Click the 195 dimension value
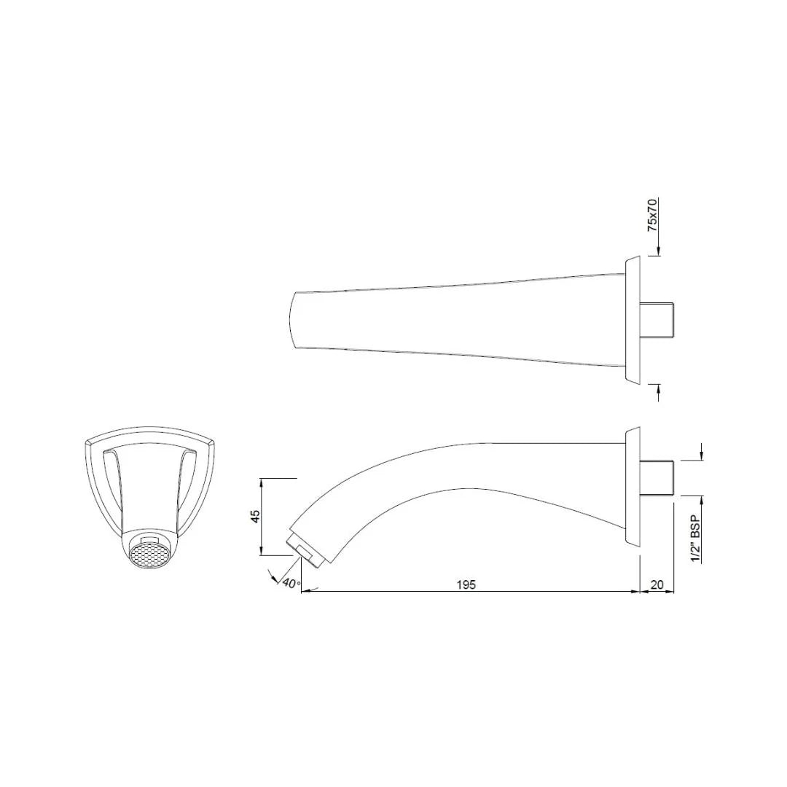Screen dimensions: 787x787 (466, 584)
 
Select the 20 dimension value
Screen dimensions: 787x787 (657, 584)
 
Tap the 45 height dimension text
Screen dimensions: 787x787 (254, 517)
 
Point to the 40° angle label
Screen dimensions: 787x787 (291, 583)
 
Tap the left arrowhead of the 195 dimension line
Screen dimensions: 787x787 (305, 592)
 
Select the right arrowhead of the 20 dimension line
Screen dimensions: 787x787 (670, 592)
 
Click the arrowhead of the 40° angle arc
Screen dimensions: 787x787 (275, 579)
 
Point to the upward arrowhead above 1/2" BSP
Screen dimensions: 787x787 (702, 499)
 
